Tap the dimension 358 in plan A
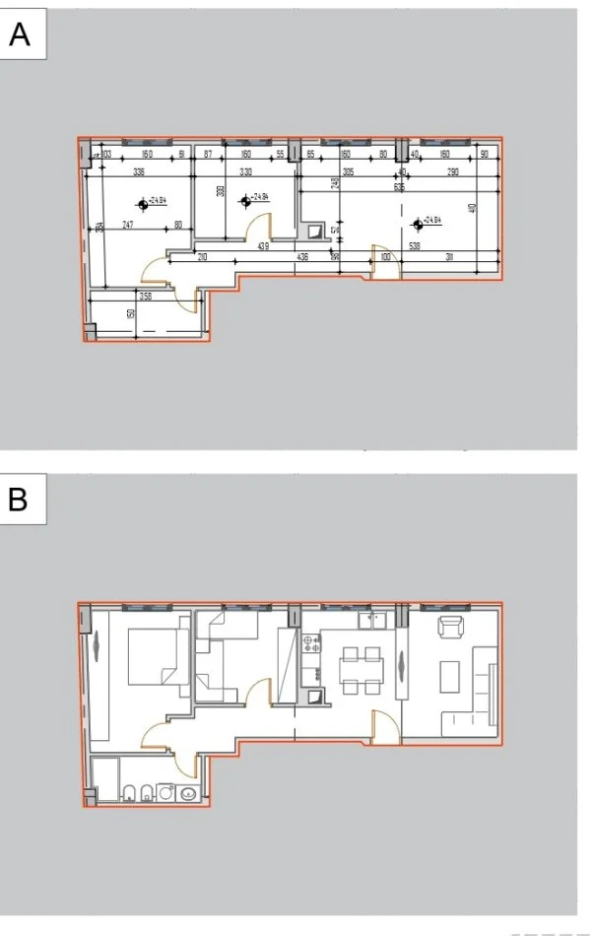pos(145,296)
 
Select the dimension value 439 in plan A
pos(263,246)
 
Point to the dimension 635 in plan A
pos(399,186)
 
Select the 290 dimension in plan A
pos(452,171)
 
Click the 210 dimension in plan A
pos(202,258)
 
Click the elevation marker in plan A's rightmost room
pos(418,222)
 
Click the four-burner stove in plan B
pos(313,644)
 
